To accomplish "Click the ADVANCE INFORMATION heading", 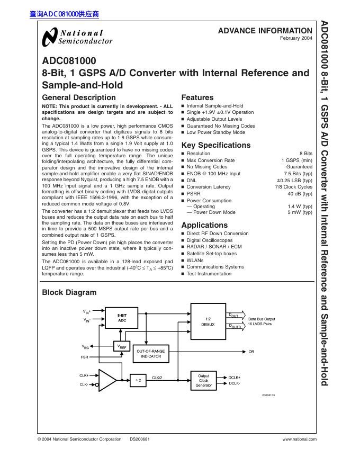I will click(x=265, y=31).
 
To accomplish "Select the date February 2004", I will click(x=296, y=39).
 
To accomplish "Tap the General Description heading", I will click(x=78, y=97).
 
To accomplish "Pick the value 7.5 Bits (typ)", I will click(x=298, y=173).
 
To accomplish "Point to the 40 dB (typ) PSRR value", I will click(x=300, y=194).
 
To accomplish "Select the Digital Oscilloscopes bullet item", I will click(x=210, y=240).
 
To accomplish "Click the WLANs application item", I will click(x=195, y=260).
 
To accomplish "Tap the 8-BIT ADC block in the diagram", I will click(x=122, y=318).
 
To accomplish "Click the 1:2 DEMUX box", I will click(x=208, y=321).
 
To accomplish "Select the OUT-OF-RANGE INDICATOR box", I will click(x=151, y=354).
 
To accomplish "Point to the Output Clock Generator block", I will click(x=204, y=380).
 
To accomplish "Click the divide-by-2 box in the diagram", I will click(x=138, y=380).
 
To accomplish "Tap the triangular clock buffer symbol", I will click(x=107, y=380).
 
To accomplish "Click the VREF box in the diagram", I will click(x=122, y=346).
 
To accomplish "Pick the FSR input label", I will click(x=84, y=357).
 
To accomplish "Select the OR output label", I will click(x=251, y=352).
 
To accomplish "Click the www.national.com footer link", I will click(x=299, y=439).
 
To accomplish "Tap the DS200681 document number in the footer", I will click(x=140, y=439).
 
